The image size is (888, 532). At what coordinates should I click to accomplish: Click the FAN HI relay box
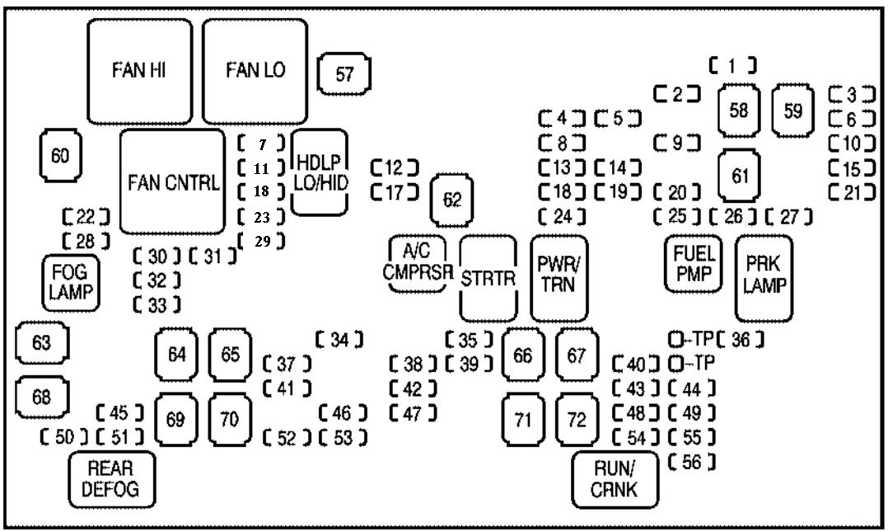(x=139, y=71)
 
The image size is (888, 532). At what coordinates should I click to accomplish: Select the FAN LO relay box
(x=255, y=71)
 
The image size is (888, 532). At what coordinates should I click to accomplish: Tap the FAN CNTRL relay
(x=172, y=181)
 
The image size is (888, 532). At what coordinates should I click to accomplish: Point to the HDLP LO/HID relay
(x=320, y=172)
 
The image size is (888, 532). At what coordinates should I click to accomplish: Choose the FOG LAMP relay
(x=69, y=281)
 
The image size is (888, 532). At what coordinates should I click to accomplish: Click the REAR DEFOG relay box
(x=110, y=478)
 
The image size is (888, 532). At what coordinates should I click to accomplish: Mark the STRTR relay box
(x=488, y=278)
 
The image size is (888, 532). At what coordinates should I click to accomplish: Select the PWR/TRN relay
(x=560, y=277)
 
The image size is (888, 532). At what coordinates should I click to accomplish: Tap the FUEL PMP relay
(x=691, y=264)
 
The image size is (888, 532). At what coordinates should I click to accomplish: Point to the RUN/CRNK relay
(x=616, y=479)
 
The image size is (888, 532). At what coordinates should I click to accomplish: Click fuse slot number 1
(x=732, y=64)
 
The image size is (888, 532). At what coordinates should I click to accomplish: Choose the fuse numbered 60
(x=61, y=154)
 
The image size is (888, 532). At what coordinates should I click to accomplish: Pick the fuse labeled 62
(x=451, y=200)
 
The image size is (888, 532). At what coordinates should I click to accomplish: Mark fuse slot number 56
(x=691, y=463)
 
